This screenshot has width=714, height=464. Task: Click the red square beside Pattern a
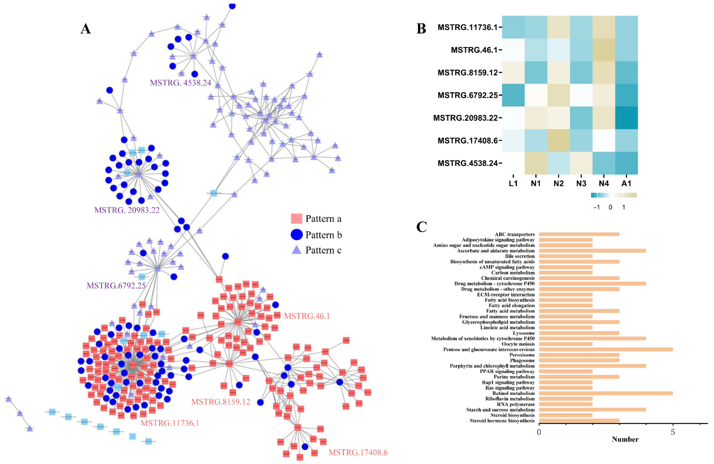point(296,218)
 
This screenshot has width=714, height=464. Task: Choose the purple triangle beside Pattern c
point(296,250)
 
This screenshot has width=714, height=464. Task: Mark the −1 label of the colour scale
point(596,207)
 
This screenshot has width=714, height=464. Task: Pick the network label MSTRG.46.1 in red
point(307,316)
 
